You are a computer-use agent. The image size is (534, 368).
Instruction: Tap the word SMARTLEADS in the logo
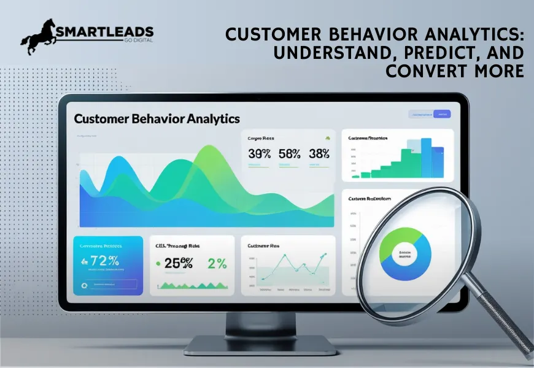pos(105,33)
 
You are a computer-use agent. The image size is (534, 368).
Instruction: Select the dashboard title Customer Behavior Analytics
pos(157,118)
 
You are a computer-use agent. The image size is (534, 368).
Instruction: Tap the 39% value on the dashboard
pos(259,154)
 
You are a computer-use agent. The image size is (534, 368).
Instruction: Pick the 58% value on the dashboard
pos(289,154)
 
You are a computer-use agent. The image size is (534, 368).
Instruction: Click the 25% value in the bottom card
pos(179,264)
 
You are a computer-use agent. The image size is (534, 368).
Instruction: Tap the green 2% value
pos(217,264)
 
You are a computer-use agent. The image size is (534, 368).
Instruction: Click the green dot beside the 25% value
pos(159,264)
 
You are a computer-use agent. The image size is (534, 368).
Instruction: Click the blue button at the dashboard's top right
pos(441,114)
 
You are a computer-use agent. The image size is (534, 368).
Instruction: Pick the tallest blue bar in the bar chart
pos(426,158)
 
